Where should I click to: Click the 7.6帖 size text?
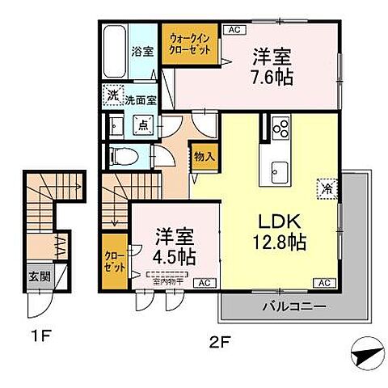tap(272, 78)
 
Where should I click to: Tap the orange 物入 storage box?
tap(203, 155)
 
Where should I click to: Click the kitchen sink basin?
tap(280, 169)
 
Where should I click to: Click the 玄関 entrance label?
tap(40, 275)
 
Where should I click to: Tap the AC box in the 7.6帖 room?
tap(234, 30)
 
